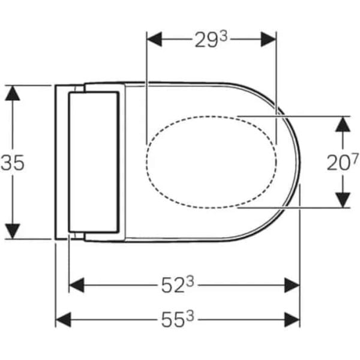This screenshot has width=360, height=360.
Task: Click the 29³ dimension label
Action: coord(211,40)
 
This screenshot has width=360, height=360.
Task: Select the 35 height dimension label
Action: coord(13,163)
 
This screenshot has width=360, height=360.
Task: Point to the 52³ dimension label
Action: coord(178,284)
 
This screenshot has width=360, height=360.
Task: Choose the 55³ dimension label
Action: coord(178,319)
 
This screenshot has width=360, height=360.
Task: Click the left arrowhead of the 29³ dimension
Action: coord(154,40)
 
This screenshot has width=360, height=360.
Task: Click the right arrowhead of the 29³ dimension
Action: coord(268,40)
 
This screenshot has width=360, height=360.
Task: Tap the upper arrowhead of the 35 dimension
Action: coord(13,93)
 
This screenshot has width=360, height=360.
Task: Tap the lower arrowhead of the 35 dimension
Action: coord(13,231)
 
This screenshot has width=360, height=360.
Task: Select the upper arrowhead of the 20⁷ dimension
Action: coord(343,124)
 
